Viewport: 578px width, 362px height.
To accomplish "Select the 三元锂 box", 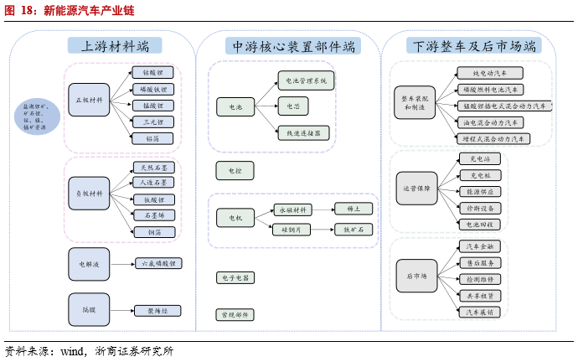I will [x=153, y=122].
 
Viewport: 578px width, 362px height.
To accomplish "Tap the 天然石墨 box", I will [x=153, y=168].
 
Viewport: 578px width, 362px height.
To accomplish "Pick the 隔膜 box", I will [x=88, y=310].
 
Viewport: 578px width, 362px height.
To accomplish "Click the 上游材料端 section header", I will [x=116, y=47].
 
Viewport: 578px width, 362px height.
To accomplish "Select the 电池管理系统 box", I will [x=306, y=80].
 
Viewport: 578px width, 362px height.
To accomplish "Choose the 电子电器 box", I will [x=234, y=277].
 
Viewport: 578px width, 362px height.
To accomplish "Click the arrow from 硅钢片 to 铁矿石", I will [x=323, y=229].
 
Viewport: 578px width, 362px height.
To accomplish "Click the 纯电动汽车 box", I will [x=490, y=74].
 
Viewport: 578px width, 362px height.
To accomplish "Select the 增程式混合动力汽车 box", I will [x=494, y=138].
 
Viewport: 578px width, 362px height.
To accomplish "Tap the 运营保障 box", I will [x=415, y=189].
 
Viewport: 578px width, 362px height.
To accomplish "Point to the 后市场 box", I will [x=415, y=276].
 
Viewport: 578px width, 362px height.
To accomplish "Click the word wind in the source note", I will [x=71, y=352].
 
